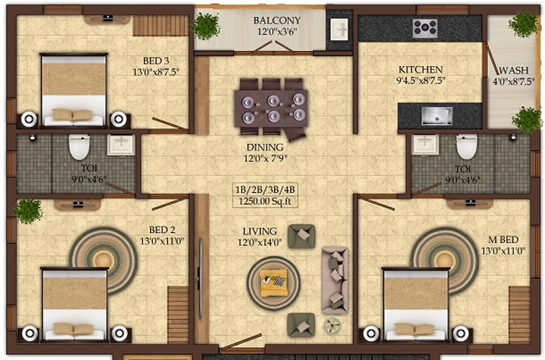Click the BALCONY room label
(x=277, y=21)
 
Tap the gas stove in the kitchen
(x=425, y=28)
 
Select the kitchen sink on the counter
(x=437, y=116)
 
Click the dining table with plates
(x=271, y=109)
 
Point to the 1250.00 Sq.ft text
(x=265, y=201)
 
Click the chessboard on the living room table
(x=279, y=281)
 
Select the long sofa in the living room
(x=335, y=280)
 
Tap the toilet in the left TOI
(x=80, y=147)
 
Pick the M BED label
(x=503, y=240)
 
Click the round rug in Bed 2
(x=103, y=260)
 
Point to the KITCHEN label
(x=421, y=70)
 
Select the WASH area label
(x=513, y=70)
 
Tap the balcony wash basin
(x=339, y=30)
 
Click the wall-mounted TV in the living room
(x=200, y=278)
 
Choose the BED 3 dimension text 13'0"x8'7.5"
(x=156, y=72)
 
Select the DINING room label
(x=265, y=147)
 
